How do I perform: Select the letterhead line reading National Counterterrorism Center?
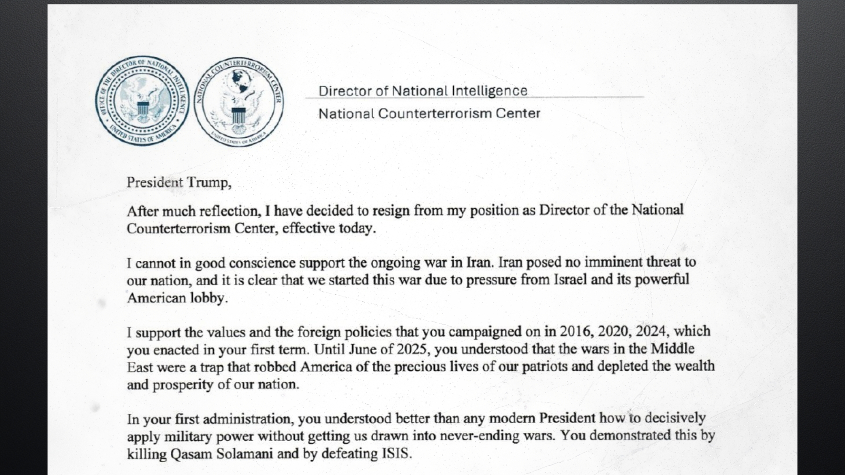(429, 113)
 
